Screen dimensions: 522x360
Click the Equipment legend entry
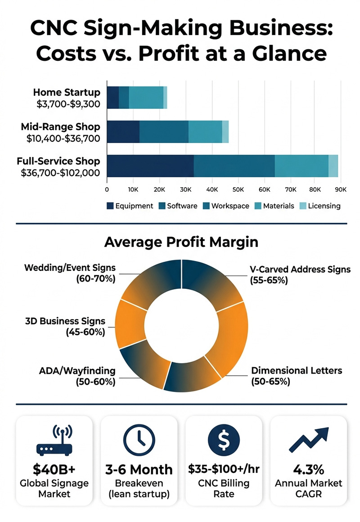(x=130, y=206)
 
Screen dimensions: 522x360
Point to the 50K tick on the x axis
(x=238, y=190)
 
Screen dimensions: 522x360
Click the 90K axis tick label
(x=340, y=190)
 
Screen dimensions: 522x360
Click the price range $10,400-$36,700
(x=63, y=139)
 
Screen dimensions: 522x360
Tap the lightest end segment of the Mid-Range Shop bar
(x=225, y=131)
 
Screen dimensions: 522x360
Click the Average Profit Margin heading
(x=181, y=242)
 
